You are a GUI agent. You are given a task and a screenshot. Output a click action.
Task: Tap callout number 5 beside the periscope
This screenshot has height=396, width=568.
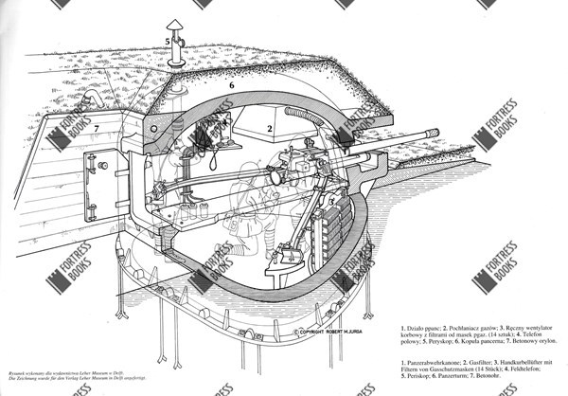click(168, 43)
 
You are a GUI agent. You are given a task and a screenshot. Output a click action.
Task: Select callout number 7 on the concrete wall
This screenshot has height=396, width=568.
click(96, 128)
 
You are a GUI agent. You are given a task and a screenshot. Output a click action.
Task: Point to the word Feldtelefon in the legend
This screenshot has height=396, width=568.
click(522, 369)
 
